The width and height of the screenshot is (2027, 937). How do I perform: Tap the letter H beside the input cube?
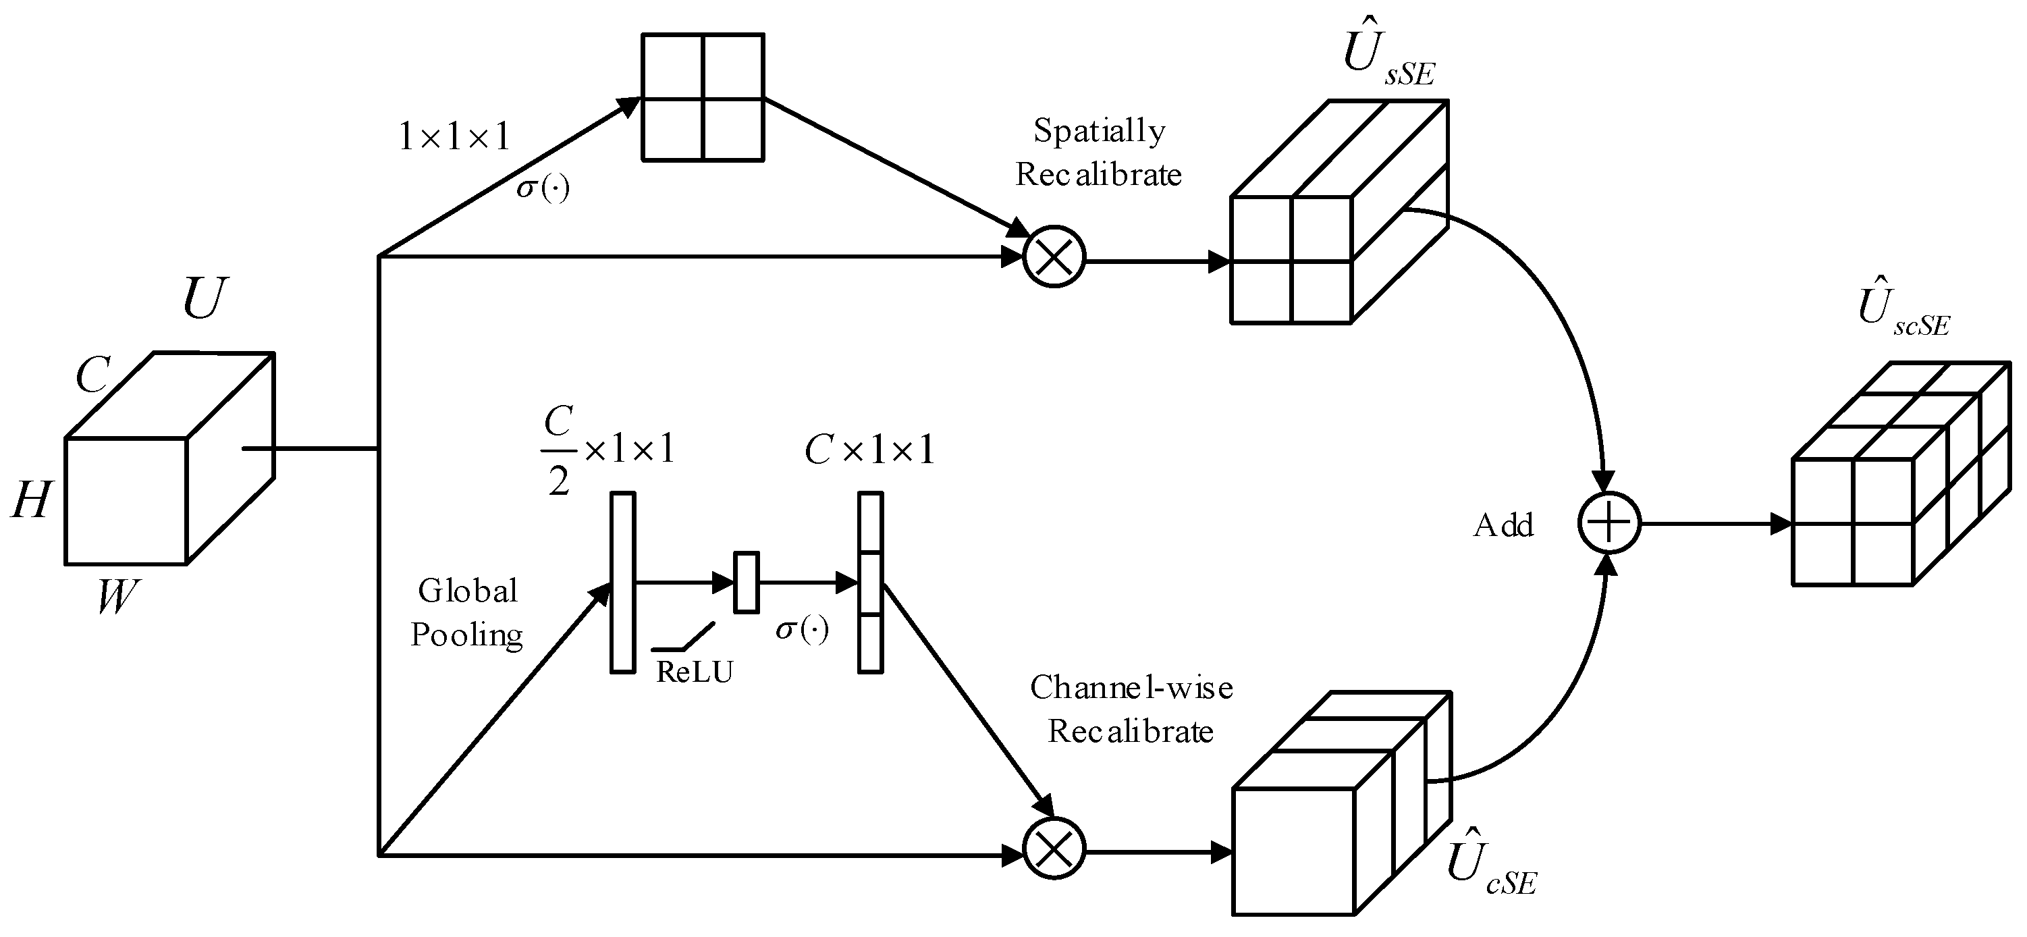coord(32,500)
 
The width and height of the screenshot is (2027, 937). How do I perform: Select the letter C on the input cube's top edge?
coord(93,375)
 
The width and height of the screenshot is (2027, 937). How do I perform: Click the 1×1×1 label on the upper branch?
coord(454,138)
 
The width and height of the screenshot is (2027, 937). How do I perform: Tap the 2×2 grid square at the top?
coord(703,98)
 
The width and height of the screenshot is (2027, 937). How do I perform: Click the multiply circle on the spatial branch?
coord(1054,257)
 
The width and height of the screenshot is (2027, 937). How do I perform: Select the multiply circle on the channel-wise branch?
coord(1054,849)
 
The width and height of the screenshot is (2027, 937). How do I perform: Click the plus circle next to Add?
coord(1609,523)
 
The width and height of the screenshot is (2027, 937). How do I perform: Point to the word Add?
coord(1503,525)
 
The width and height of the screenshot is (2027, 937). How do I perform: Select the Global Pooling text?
coord(466,612)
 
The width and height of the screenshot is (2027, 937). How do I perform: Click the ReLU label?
coord(694,672)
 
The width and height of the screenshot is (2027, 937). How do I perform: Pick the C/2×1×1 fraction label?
coord(606,451)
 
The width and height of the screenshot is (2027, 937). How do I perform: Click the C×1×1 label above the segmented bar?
coord(869,451)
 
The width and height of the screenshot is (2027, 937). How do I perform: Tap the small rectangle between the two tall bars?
coord(746,582)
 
